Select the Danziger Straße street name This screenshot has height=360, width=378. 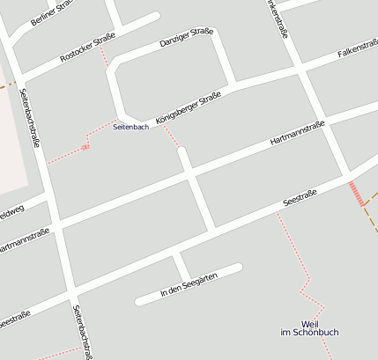[x=187, y=39]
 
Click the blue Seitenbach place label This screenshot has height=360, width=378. [x=131, y=128]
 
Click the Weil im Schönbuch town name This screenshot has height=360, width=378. [x=308, y=327]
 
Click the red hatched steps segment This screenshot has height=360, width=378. [x=356, y=194]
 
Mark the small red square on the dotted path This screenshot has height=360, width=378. [x=85, y=147]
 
